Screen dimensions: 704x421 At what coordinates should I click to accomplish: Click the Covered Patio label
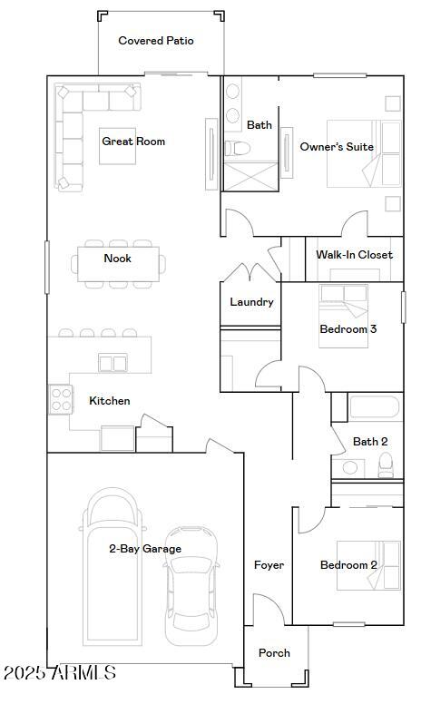tap(156, 41)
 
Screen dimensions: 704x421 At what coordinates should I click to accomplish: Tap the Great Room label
tap(133, 142)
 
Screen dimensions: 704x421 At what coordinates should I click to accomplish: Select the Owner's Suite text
tap(337, 147)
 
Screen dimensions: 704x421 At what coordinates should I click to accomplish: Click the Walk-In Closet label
tap(354, 255)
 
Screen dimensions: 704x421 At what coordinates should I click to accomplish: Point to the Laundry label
tap(251, 302)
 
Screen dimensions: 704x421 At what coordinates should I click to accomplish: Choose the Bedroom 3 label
tap(348, 329)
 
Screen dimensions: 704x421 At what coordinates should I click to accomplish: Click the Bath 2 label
tap(370, 442)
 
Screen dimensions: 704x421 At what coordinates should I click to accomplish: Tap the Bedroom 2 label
tap(348, 565)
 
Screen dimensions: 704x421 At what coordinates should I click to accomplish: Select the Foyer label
tap(269, 565)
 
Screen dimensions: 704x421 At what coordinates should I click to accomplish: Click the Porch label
tap(274, 653)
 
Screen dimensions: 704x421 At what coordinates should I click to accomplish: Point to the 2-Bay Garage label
tap(145, 549)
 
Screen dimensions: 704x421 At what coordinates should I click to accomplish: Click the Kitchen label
tap(109, 401)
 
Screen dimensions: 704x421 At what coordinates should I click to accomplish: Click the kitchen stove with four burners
tap(61, 400)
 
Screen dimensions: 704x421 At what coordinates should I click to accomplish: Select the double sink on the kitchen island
tap(113, 363)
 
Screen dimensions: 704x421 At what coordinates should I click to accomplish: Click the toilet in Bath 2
tap(387, 464)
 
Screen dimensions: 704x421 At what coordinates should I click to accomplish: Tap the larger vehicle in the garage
tap(113, 562)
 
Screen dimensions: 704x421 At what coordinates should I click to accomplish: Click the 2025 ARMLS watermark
tap(59, 673)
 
